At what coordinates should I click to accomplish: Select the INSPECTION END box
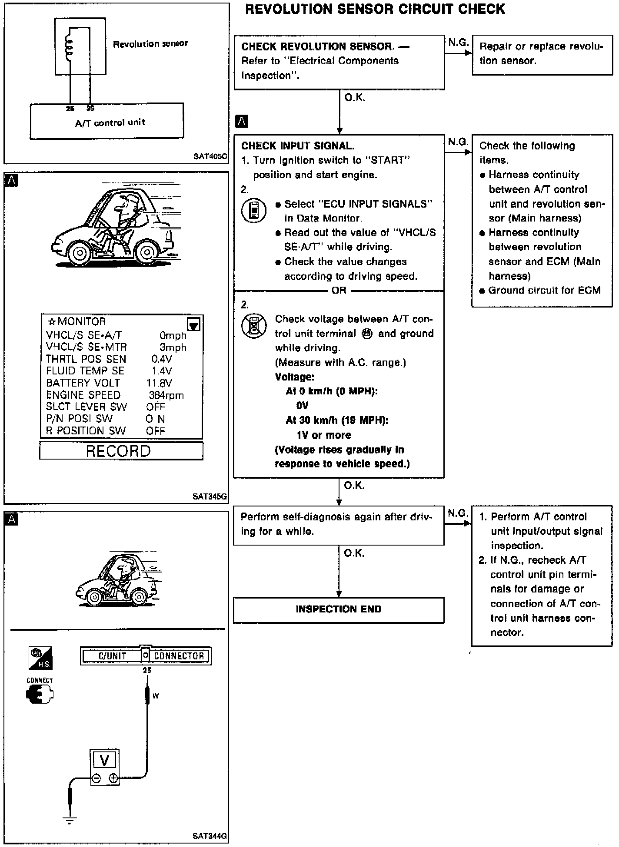coord(339,609)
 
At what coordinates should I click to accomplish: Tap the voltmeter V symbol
coord(104,760)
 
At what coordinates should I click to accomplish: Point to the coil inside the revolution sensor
coord(69,45)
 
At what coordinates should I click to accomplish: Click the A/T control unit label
coord(110,122)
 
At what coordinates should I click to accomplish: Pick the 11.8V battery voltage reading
coord(159,383)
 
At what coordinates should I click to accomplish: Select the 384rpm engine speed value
coord(166,395)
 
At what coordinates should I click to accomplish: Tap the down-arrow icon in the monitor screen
coord(193,324)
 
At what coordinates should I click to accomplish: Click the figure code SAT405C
coord(210,156)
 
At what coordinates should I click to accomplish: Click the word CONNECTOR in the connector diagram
coord(179,656)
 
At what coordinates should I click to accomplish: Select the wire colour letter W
coord(156,696)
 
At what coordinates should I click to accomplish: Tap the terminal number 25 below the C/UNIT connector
coord(147,670)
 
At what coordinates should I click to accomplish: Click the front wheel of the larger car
coord(79,252)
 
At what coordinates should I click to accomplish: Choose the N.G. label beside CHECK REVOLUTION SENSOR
coord(458,43)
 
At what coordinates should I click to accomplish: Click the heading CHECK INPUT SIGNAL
coord(298,146)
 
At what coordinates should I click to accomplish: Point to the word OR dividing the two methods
coord(339,290)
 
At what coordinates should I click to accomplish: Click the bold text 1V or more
coord(323,435)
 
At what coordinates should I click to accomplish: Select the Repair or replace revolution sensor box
coord(542,54)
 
